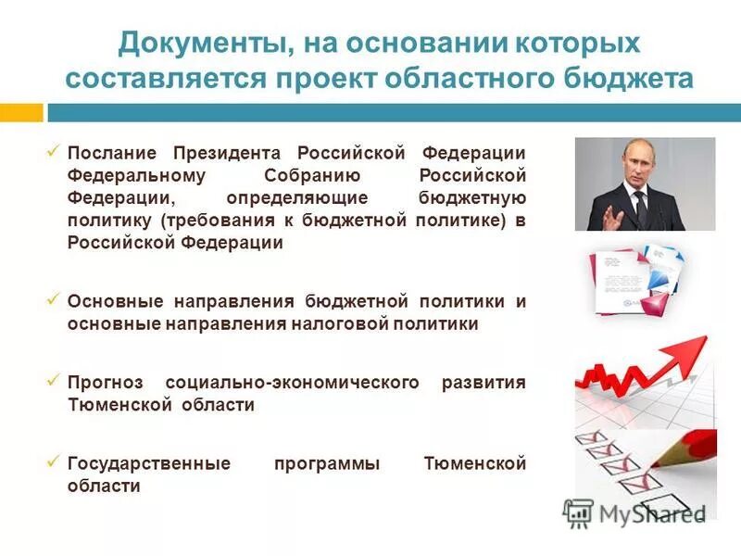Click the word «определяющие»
[297, 198]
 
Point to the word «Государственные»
[148, 463]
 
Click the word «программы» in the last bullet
[327, 463]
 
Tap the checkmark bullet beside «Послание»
[54, 150]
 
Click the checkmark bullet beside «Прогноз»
[54, 379]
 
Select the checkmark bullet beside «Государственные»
[54, 460]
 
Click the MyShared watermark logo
[579, 512]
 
